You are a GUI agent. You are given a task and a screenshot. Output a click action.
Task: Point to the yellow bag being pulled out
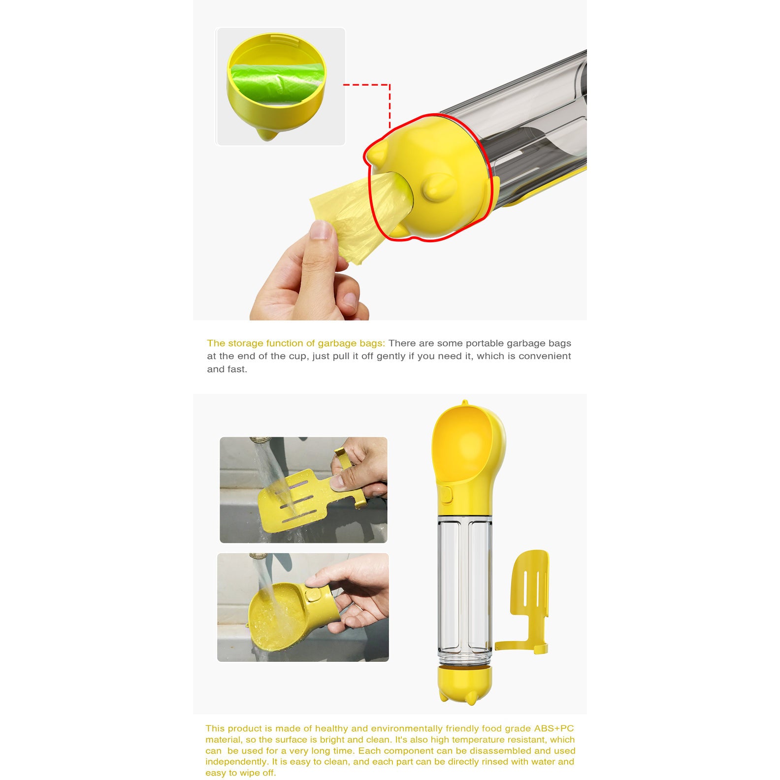[355, 212]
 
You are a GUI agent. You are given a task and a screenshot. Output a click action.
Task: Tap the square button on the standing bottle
[446, 495]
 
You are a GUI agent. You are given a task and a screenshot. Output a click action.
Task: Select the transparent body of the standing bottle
[464, 586]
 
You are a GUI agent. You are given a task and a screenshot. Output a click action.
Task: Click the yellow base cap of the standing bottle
[464, 682]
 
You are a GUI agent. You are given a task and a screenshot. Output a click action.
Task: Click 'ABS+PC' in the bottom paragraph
[554, 728]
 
